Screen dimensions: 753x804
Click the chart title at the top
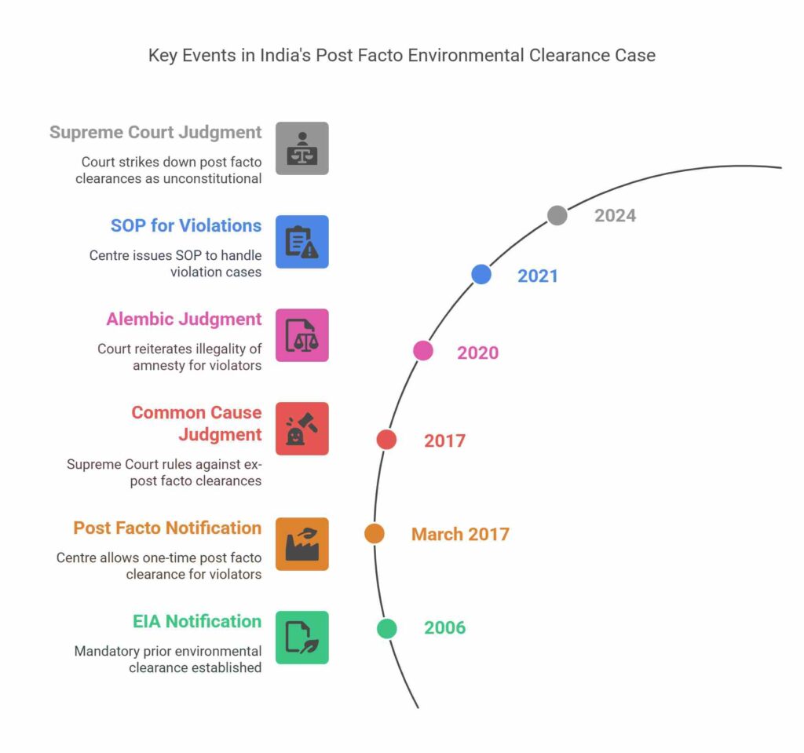(401, 57)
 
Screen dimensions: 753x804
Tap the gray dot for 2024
(557, 215)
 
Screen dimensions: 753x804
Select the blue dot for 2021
(481, 274)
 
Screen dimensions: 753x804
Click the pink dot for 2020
(423, 350)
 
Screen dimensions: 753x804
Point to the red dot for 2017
(386, 440)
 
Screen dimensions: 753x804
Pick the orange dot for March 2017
(375, 534)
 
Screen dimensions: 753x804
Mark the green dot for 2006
(386, 628)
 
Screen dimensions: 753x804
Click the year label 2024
(615, 215)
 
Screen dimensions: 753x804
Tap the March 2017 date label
(460, 535)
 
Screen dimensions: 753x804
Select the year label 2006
(444, 628)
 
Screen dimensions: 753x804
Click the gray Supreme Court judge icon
(301, 148)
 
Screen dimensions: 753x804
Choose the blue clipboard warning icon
(301, 242)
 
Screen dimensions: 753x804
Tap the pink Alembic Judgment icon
(301, 335)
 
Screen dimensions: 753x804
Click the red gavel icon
(301, 429)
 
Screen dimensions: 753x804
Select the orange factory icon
(301, 543)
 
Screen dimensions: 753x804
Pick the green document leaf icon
(301, 637)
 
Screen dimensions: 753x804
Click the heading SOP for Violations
(185, 226)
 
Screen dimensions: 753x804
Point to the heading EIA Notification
(196, 621)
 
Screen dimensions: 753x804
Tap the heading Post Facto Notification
(167, 528)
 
